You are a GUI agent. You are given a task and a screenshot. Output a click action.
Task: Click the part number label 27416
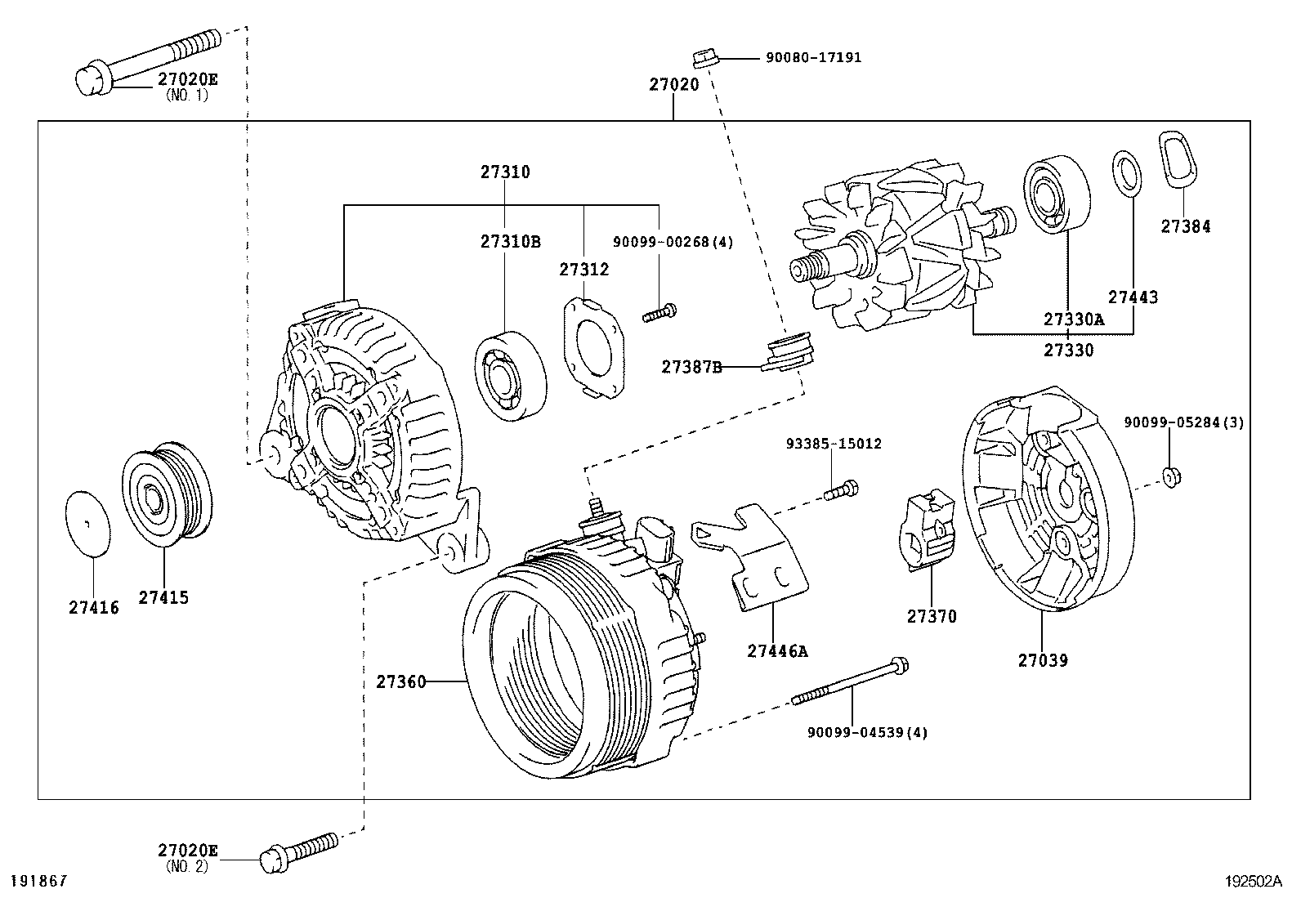tap(93, 608)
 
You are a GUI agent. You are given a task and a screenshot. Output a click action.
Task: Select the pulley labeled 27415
tap(167, 495)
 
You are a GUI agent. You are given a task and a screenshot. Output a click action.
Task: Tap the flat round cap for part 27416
tap(87, 524)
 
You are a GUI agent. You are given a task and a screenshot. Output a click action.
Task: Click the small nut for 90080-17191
tap(704, 58)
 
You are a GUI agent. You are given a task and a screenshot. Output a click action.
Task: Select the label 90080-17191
tap(813, 58)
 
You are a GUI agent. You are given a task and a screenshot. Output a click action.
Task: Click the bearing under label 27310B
tap(511, 375)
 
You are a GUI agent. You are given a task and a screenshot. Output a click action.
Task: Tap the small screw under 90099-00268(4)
tap(659, 312)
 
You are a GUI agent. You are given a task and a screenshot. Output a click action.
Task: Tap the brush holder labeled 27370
tap(928, 531)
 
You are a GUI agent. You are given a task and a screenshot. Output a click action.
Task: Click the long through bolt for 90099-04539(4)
tap(850, 683)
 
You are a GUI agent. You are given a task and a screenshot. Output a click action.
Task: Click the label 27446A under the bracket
tap(776, 651)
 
